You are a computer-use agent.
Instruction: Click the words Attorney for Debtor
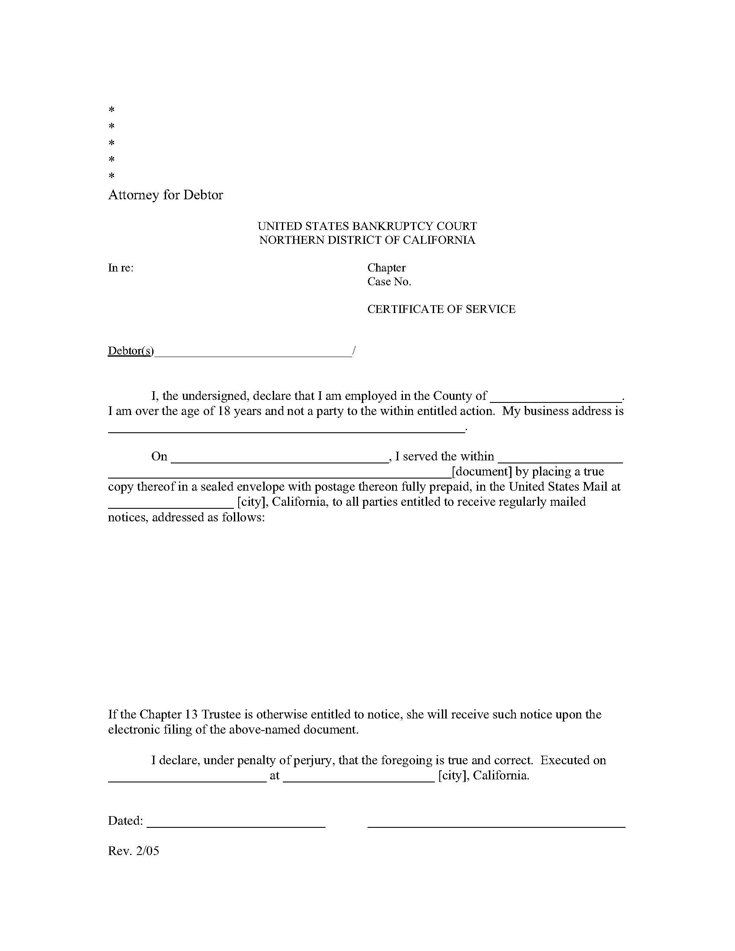[165, 195]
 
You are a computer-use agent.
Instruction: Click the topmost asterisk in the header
[112, 109]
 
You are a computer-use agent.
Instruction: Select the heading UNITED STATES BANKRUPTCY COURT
[367, 226]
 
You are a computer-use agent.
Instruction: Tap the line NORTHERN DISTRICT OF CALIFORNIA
[367, 240]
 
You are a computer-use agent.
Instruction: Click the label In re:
[121, 268]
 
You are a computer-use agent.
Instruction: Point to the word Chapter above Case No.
[386, 268]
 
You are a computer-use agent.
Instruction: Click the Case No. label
[389, 282]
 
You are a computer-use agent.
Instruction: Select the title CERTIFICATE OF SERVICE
[441, 309]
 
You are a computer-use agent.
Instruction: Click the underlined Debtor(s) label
[131, 351]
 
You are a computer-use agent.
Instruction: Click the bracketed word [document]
[482, 472]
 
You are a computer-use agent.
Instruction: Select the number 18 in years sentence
[224, 411]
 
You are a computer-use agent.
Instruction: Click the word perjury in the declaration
[313, 760]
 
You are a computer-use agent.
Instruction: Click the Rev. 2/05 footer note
[133, 851]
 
